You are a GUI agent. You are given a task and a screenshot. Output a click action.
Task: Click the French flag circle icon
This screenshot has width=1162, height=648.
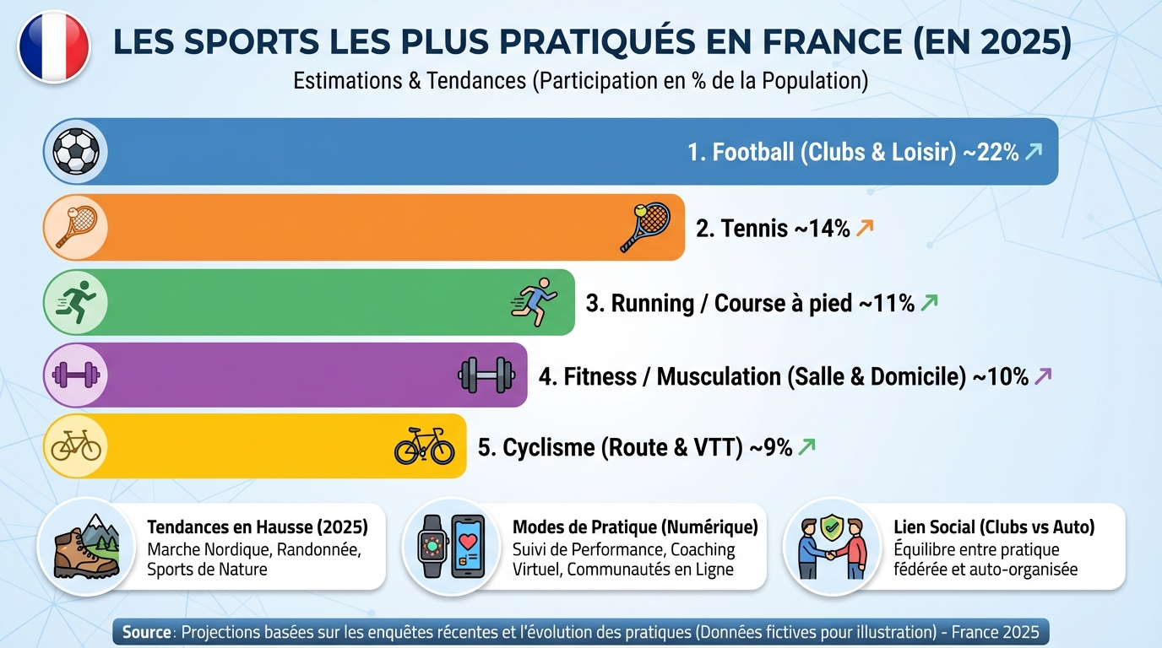click(53, 46)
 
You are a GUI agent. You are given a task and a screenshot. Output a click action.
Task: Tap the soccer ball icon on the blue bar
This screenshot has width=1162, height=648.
click(76, 152)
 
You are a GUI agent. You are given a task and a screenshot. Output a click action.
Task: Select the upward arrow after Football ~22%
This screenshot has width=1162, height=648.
click(1033, 152)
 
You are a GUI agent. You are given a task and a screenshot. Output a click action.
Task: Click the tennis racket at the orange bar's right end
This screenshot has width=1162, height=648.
click(645, 227)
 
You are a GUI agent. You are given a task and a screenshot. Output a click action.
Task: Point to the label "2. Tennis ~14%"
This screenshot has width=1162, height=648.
click(772, 229)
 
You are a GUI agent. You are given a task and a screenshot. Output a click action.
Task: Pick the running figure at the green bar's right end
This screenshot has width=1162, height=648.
click(535, 301)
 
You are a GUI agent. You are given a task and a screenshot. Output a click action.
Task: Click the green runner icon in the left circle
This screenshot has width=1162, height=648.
click(76, 302)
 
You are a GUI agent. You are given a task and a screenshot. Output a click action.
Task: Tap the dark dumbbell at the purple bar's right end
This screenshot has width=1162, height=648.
click(486, 375)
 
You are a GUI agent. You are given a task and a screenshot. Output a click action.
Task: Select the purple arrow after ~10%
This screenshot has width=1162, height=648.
click(1043, 376)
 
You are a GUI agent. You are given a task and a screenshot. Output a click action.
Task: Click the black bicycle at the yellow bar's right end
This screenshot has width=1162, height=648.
click(425, 445)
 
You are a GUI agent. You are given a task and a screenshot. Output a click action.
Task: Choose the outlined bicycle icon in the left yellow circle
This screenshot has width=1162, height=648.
click(76, 445)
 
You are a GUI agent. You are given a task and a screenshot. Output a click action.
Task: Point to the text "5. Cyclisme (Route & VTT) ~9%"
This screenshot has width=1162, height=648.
click(634, 448)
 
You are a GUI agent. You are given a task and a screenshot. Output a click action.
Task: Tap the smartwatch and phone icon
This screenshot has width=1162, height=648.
click(451, 546)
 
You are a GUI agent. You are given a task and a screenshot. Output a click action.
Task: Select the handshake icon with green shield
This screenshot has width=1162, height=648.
click(832, 546)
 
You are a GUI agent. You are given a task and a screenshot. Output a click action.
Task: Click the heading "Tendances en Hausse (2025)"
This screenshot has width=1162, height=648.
click(258, 527)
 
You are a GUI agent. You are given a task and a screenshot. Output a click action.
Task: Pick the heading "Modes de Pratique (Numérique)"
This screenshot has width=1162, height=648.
click(635, 527)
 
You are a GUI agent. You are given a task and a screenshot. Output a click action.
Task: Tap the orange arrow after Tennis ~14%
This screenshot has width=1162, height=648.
click(864, 228)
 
